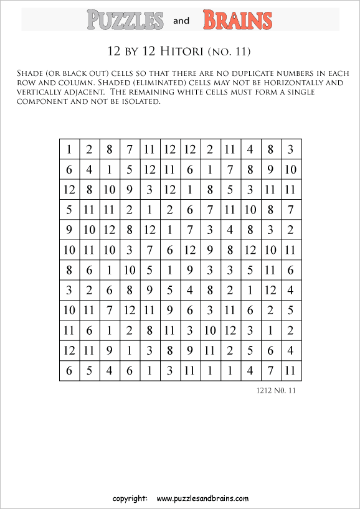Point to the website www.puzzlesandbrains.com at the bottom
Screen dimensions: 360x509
click(x=202, y=498)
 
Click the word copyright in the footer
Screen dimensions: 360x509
click(x=130, y=498)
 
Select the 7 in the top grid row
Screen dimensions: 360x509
click(x=130, y=149)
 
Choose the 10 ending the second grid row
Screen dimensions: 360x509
click(x=290, y=169)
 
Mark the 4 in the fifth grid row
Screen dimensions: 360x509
click(x=230, y=230)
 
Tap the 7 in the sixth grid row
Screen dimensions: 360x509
click(x=149, y=250)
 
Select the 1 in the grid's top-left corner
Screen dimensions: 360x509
click(x=69, y=149)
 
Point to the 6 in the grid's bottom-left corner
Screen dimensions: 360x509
click(x=69, y=371)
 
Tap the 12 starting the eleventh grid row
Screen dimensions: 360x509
click(x=69, y=351)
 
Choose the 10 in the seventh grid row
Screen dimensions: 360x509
click(x=130, y=271)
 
